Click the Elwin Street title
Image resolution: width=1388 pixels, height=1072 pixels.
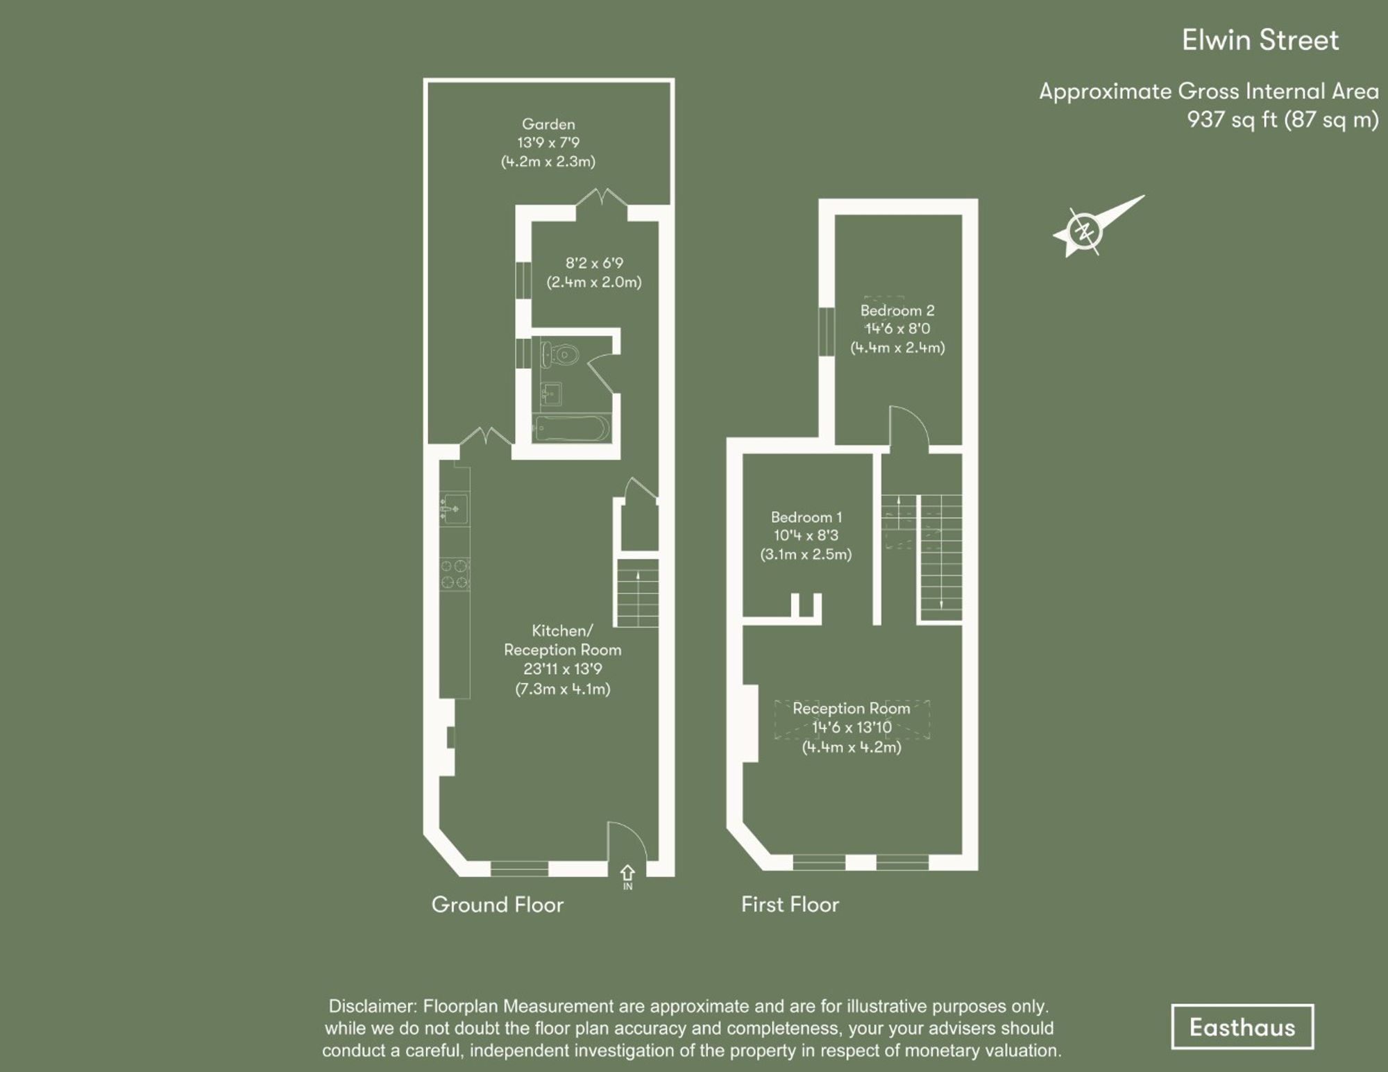[1260, 40]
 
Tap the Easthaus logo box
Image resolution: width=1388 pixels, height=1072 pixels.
[1242, 1027]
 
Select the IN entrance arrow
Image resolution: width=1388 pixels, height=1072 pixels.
[627, 874]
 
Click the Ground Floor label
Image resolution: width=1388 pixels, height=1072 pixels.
[497, 905]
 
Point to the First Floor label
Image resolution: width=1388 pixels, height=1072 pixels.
[790, 905]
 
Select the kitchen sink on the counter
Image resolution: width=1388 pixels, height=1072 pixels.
[455, 510]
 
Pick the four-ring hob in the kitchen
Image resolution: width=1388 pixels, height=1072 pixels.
[455, 574]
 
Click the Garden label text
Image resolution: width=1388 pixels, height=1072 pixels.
[548, 124]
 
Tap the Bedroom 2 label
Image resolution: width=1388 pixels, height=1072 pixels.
[897, 310]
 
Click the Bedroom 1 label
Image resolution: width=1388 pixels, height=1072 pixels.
[806, 517]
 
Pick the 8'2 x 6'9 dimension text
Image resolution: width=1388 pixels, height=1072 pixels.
[594, 263]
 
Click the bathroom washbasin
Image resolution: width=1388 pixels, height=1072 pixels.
[552, 394]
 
